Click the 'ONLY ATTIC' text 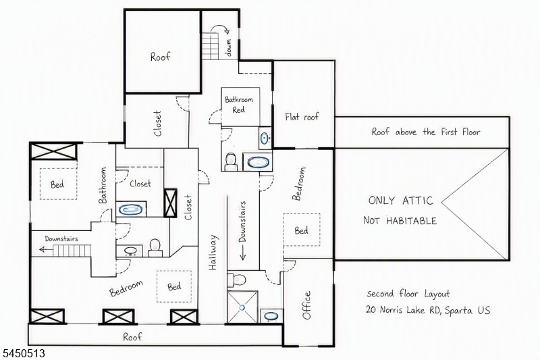[400, 201]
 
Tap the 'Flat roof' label [302, 117]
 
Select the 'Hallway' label [213, 252]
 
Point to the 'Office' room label [306, 305]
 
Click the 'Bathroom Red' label [239, 105]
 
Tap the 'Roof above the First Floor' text [426, 132]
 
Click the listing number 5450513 [24, 353]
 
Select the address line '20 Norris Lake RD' [403, 310]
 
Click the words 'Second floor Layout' [408, 294]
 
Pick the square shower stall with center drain [242, 307]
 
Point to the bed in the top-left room [59, 184]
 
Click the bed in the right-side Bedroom [302, 230]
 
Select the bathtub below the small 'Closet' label [131, 209]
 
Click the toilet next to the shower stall [238, 279]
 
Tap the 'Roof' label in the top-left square [161, 56]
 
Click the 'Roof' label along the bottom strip [132, 336]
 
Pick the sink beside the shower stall [271, 316]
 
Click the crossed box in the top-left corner [53, 151]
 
